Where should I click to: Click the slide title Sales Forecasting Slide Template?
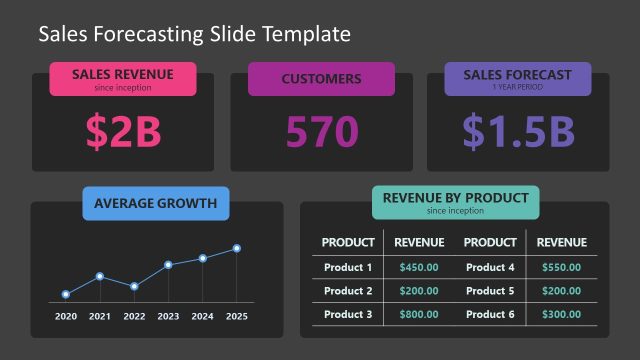[194, 34]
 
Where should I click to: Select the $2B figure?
[123, 131]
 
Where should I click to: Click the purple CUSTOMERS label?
[321, 79]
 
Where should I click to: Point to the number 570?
[321, 131]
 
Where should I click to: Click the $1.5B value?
[517, 131]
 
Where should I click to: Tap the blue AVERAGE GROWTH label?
[155, 204]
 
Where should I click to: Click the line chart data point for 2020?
[66, 294]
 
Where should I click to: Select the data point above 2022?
[134, 286]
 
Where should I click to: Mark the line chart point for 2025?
[237, 248]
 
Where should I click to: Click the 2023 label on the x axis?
[168, 317]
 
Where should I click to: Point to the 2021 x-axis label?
[100, 317]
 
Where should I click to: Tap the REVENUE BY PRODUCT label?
[455, 201]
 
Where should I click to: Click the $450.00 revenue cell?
[419, 267]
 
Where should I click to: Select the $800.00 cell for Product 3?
[419, 314]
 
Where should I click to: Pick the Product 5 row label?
[490, 291]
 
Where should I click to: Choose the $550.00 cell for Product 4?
[561, 267]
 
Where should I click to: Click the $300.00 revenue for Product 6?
[561, 314]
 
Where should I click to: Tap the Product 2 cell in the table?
[348, 291]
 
